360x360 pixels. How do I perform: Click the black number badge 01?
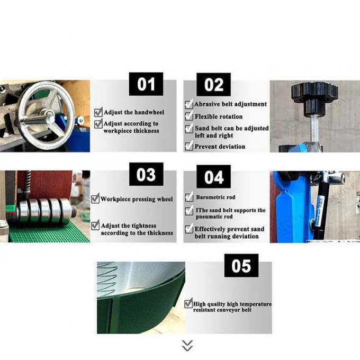[x=146, y=84]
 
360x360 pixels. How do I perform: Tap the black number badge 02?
[x=213, y=85]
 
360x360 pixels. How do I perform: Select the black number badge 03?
[x=146, y=174]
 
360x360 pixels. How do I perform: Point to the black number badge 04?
[x=213, y=176]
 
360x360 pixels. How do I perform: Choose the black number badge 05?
[x=241, y=266]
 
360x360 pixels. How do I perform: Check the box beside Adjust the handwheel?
[x=98, y=112]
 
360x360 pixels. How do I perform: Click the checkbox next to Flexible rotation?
[x=189, y=116]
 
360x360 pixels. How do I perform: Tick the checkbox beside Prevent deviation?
[x=189, y=146]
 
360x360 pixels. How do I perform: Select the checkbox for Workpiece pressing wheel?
[x=95, y=199]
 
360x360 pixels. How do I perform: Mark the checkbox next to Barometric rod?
[x=189, y=197]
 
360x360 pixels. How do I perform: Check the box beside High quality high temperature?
[x=188, y=303]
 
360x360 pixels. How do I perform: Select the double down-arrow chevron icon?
[x=187, y=346]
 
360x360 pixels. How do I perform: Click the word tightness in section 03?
[x=142, y=226]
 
